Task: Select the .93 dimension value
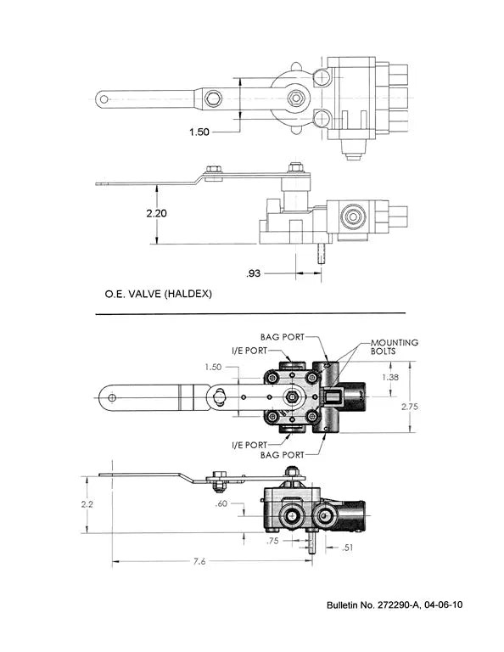pyautogui.click(x=253, y=273)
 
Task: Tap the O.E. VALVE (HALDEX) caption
pyautogui.click(x=158, y=295)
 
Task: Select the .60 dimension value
pyautogui.click(x=223, y=503)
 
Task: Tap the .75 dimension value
pyautogui.click(x=272, y=540)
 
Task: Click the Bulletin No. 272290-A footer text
pyautogui.click(x=395, y=605)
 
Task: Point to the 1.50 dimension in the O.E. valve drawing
pyautogui.click(x=201, y=132)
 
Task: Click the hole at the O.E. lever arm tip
pyautogui.click(x=104, y=98)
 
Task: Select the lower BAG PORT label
pyautogui.click(x=282, y=456)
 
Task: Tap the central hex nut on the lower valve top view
pyautogui.click(x=292, y=396)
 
